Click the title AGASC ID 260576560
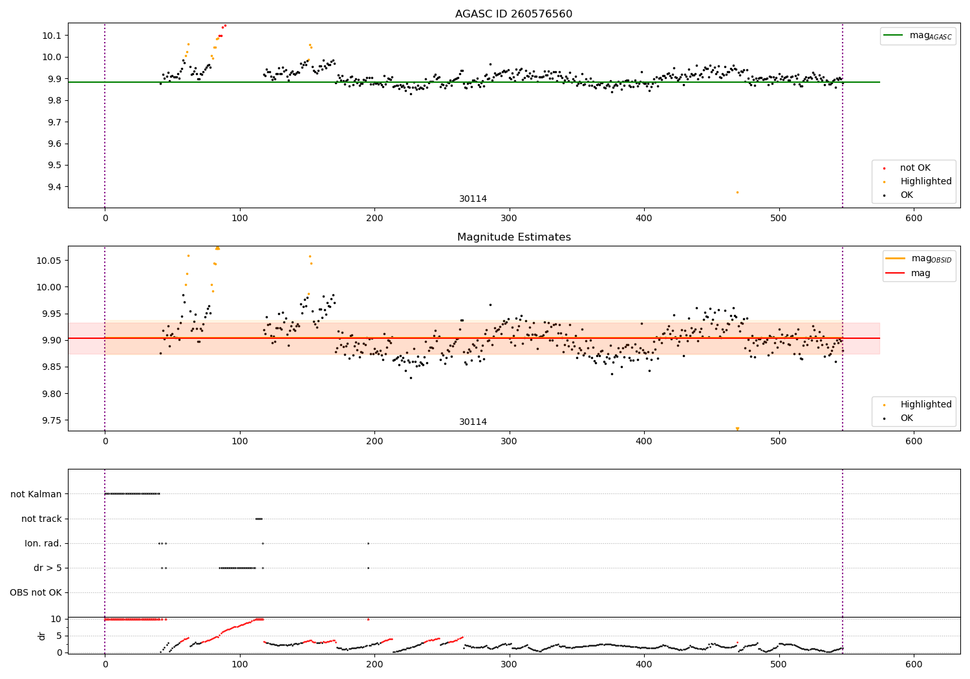(513, 14)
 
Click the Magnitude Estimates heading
(514, 237)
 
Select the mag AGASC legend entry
(918, 36)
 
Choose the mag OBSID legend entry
(918, 259)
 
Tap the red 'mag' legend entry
(908, 273)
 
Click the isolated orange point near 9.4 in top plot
(737, 192)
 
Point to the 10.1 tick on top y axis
(52, 36)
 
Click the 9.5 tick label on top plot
(54, 166)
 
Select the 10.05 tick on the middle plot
(48, 261)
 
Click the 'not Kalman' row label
(36, 494)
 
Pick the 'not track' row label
(41, 519)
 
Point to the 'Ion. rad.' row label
(43, 543)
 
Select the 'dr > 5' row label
(48, 568)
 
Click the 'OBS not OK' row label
(36, 592)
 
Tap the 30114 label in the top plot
(473, 199)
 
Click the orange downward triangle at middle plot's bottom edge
(737, 429)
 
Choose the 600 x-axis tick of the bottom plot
(914, 665)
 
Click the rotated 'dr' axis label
(42, 636)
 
